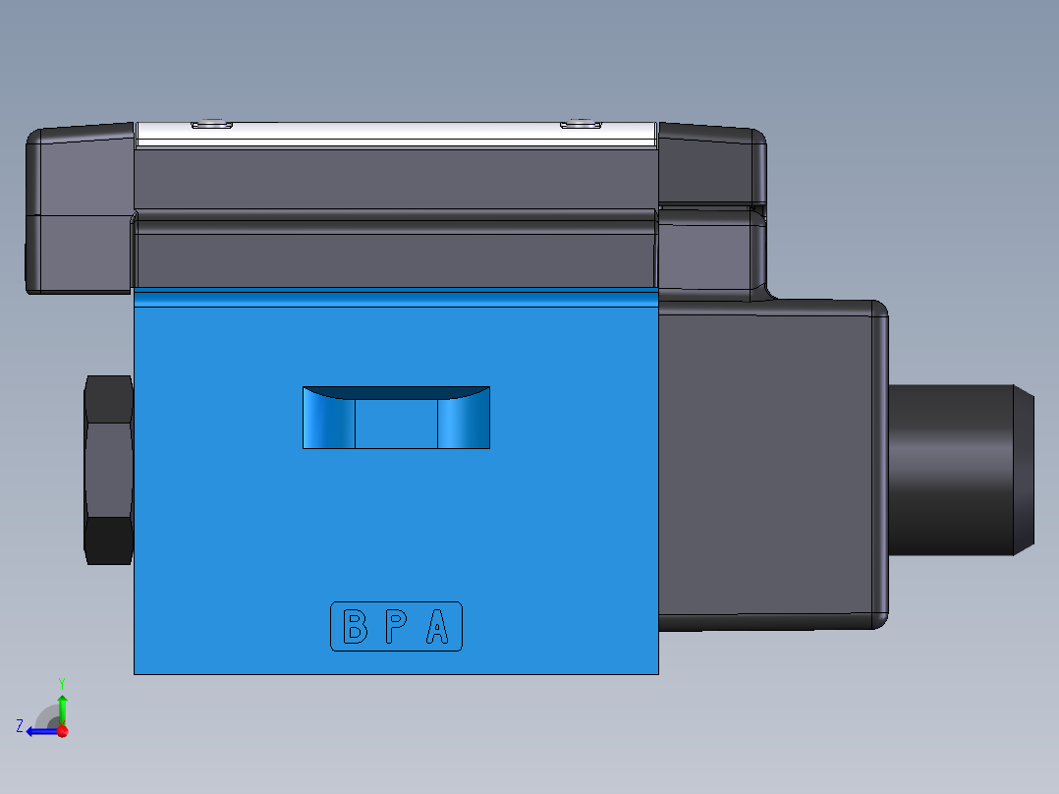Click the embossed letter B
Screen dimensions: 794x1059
[354, 626]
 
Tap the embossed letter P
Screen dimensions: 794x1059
[395, 626]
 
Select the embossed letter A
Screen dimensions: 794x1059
[438, 626]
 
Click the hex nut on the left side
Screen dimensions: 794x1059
[109, 470]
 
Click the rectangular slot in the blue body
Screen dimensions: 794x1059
[396, 418]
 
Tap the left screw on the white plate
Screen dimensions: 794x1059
[210, 125]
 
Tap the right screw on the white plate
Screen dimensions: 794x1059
[580, 125]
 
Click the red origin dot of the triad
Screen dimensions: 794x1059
[62, 731]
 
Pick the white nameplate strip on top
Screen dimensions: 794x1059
[396, 135]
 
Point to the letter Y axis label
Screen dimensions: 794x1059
[61, 681]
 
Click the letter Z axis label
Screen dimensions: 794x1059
[20, 726]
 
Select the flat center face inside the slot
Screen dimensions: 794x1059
[396, 425]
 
